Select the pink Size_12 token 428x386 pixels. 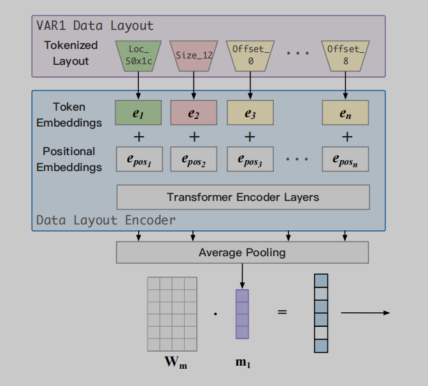coord(194,55)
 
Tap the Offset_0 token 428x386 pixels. coord(250,55)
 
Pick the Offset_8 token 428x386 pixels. coord(346,55)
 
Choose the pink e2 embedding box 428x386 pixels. coord(194,113)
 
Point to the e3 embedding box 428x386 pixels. coord(250,113)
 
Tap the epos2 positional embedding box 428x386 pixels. coord(194,159)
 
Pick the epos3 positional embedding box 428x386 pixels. coord(250,159)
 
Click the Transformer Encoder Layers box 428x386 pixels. coord(243,197)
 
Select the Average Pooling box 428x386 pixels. coord(243,252)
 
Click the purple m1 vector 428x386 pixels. coord(242,314)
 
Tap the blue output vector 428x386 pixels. coord(321,313)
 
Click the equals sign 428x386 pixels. coord(282,312)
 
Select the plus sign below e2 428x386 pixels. coord(194,137)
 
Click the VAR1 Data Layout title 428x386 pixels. coord(96,26)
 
